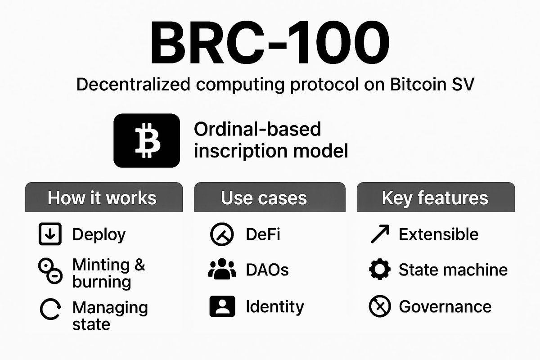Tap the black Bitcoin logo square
pos(147,141)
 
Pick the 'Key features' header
pos(435,198)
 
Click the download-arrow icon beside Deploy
pos(50,234)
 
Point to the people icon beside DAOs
pos(222,270)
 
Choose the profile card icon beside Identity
pos(222,307)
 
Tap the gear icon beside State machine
pos(379,270)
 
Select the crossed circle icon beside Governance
pos(379,307)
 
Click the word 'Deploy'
pos(99,234)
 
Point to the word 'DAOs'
pos(267,270)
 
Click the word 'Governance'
pos(445,307)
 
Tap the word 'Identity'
pos(275,307)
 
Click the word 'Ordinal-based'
pos(257,130)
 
